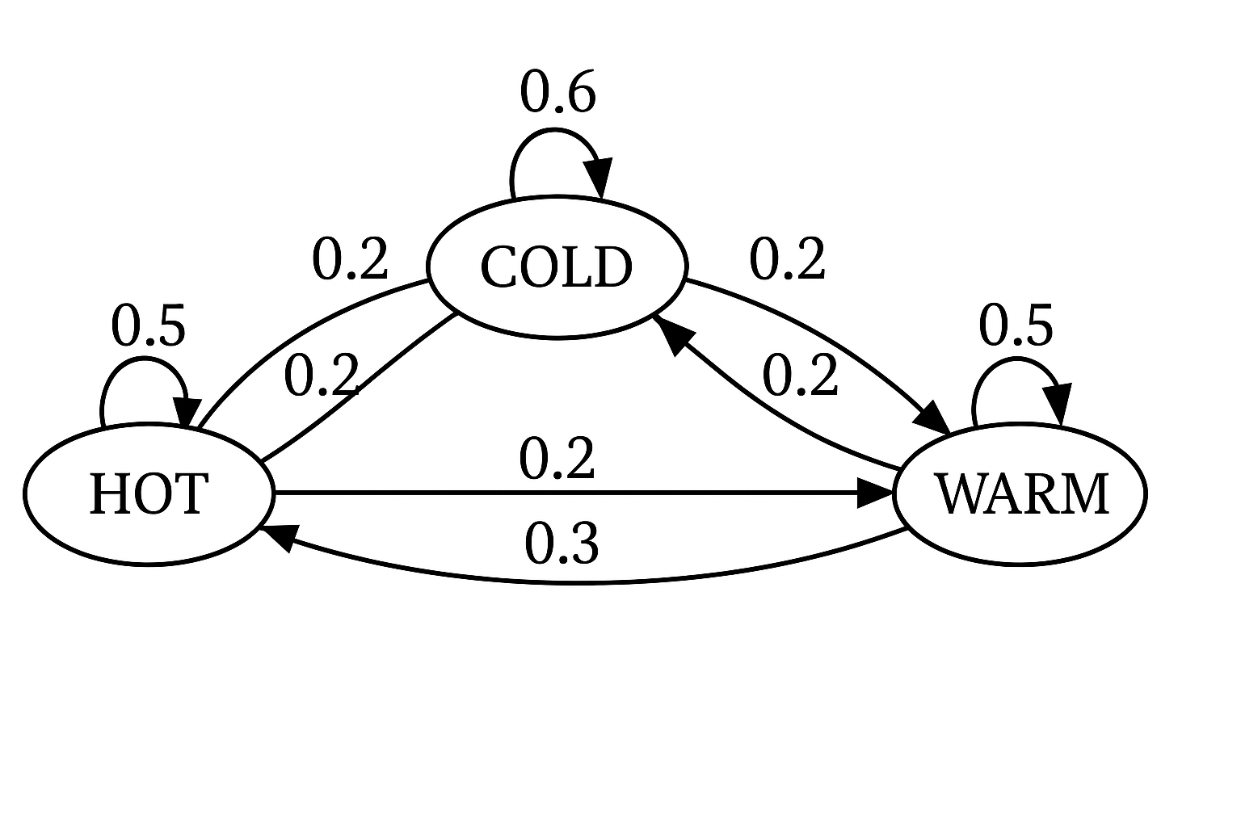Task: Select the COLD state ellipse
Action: (557, 267)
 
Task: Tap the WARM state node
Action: (1020, 493)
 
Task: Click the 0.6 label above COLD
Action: (557, 92)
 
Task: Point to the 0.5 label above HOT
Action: (149, 326)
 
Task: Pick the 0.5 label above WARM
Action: (1016, 326)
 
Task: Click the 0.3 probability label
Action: (562, 544)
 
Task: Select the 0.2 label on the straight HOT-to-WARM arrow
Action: (557, 459)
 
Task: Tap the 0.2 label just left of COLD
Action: (351, 260)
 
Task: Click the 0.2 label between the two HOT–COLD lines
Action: (322, 376)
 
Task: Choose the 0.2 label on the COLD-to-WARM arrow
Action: (788, 260)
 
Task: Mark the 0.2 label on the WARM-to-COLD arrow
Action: (800, 376)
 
